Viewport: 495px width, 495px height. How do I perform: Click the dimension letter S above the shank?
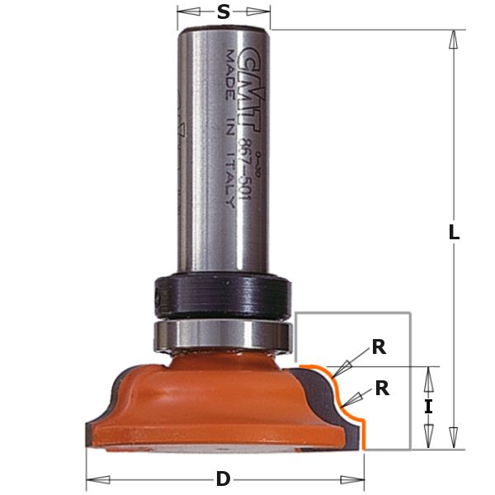223,12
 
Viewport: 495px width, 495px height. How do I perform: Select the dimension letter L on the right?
453,233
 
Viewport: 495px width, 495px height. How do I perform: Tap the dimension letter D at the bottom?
223,479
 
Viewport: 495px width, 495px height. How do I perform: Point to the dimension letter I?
428,407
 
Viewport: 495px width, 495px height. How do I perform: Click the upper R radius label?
378,347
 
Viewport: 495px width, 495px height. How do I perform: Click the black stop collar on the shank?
223,294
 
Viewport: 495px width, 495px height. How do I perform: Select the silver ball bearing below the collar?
223,335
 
